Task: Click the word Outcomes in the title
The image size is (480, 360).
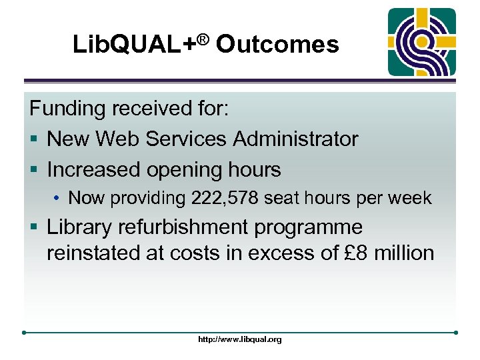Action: pyautogui.click(x=277, y=45)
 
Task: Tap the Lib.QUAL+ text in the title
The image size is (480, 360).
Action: pyautogui.click(x=133, y=45)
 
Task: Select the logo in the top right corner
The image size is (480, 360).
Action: pyautogui.click(x=422, y=43)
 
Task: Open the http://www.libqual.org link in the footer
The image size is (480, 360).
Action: pyautogui.click(x=240, y=339)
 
